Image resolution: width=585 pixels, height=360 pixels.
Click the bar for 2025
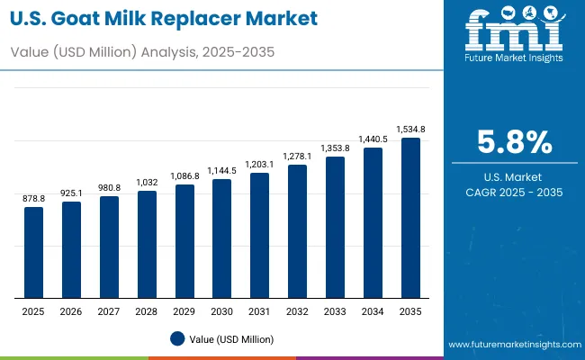click(x=33, y=253)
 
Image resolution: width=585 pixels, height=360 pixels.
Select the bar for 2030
click(x=221, y=238)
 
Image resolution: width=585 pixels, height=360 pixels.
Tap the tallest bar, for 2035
click(x=410, y=218)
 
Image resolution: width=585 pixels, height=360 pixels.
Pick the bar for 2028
click(x=147, y=244)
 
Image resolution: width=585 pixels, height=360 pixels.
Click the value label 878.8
click(x=33, y=199)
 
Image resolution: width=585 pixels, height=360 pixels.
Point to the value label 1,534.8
click(x=410, y=130)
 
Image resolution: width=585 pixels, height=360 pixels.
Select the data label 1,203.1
click(x=259, y=165)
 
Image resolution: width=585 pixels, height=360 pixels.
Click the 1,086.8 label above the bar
click(x=184, y=176)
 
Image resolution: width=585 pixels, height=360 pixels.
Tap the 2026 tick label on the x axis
click(x=71, y=311)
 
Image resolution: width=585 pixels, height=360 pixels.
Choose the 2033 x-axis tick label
click(x=335, y=311)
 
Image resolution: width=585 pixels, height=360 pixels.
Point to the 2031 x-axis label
click(x=259, y=311)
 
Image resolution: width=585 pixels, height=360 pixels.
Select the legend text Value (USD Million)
click(x=231, y=339)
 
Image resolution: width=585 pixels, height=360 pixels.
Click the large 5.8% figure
click(x=513, y=143)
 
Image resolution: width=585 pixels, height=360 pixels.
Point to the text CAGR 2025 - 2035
click(x=513, y=192)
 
